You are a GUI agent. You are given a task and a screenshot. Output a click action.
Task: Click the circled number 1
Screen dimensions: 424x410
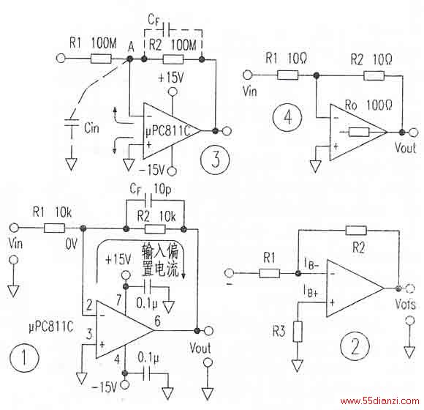tap(24, 357)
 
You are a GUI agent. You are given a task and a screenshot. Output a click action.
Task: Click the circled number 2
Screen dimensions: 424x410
tap(355, 346)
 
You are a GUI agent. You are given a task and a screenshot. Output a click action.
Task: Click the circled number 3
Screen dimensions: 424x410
tap(215, 159)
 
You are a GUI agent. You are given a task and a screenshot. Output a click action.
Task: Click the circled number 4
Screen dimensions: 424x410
tap(287, 117)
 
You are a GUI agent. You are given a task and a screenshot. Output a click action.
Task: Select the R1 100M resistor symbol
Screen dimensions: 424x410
tap(101, 59)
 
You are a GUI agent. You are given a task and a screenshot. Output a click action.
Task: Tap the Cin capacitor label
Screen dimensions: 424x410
tap(91, 128)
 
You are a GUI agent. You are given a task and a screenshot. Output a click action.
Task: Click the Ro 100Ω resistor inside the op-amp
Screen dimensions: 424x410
tap(359, 132)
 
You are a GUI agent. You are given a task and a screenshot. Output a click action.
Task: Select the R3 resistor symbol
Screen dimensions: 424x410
tap(298, 332)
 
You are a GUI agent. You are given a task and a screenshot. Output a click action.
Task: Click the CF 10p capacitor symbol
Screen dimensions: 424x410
tap(148, 201)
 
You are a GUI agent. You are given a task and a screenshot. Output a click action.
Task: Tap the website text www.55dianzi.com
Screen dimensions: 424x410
tap(380, 400)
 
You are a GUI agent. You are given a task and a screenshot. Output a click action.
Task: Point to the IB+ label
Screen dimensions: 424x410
tap(311, 291)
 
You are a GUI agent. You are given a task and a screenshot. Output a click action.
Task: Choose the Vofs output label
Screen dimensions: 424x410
tap(405, 304)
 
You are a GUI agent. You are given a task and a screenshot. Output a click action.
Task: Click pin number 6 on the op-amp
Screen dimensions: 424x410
tap(157, 321)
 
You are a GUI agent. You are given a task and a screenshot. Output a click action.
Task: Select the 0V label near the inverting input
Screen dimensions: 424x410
tap(71, 244)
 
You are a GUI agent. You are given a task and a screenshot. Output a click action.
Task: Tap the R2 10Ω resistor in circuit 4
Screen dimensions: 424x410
tap(374, 76)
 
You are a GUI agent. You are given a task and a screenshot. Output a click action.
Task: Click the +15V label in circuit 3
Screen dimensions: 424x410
tap(171, 78)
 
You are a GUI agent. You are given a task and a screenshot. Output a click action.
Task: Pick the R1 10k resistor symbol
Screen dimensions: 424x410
tap(54, 228)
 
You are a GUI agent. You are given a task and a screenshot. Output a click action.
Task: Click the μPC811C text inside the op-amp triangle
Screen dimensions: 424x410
tap(168, 131)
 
